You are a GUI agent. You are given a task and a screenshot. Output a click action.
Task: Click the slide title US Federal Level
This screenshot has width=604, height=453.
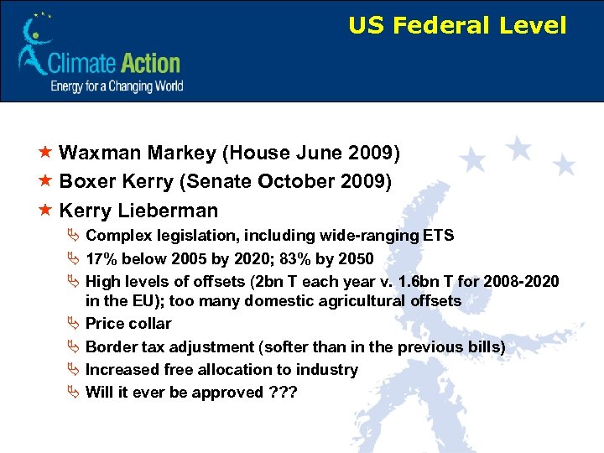pyautogui.click(x=457, y=26)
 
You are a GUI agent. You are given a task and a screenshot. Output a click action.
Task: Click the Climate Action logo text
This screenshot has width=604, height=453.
pyautogui.click(x=114, y=63)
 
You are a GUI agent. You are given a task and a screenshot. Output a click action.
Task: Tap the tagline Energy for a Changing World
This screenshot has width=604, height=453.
pyautogui.click(x=116, y=86)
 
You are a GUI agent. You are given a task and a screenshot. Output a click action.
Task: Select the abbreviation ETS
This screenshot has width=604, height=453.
pyautogui.click(x=437, y=236)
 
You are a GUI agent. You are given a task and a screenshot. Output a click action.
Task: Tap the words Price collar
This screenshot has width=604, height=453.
pyautogui.click(x=128, y=324)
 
